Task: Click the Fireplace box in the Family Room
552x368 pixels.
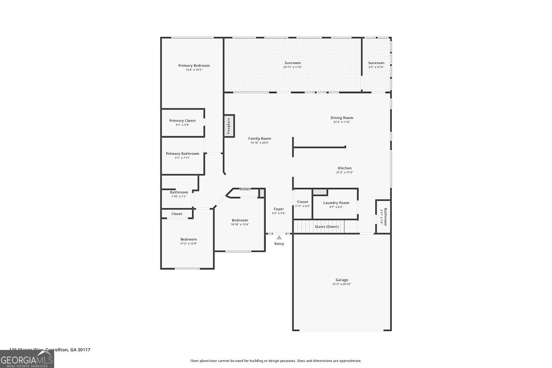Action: coord(229,126)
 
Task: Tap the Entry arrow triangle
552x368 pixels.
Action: coord(279,237)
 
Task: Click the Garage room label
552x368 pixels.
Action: coord(342,280)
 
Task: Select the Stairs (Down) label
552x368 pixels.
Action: coord(326,227)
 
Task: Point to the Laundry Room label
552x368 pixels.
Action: coord(336,202)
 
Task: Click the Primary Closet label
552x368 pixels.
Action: coord(182,121)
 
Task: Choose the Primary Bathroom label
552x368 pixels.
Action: coord(182,153)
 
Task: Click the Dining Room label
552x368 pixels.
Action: coord(342,118)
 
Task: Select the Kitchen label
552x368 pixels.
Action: coord(344,168)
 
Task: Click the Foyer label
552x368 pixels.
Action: coord(279,209)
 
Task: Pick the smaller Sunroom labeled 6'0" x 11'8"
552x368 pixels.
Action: coord(376,63)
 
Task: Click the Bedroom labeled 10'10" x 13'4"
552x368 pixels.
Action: coord(240,220)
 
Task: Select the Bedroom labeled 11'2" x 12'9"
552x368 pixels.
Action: coord(188,239)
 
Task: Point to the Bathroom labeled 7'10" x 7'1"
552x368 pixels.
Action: coord(179,192)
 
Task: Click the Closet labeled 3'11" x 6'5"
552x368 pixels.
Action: coord(302,202)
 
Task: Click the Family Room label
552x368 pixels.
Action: coord(260,138)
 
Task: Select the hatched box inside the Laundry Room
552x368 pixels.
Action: coord(319,192)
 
